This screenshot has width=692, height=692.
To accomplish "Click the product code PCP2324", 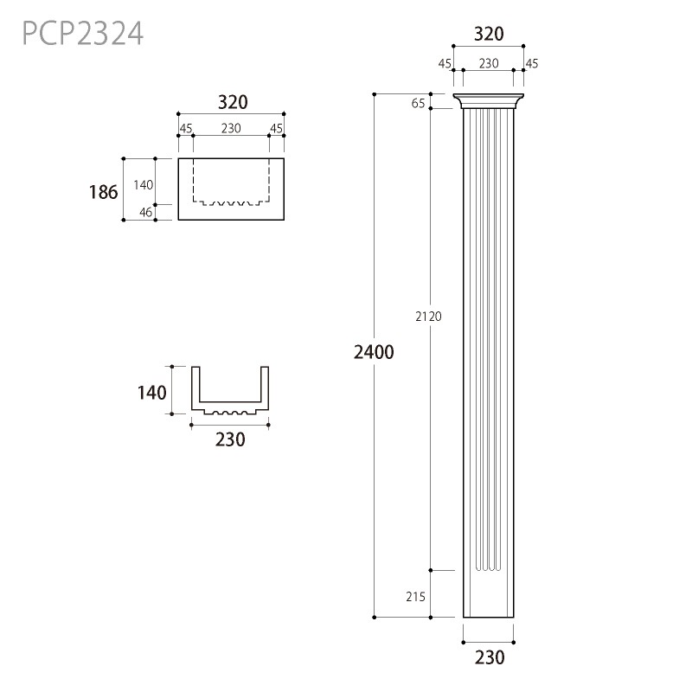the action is (82, 34).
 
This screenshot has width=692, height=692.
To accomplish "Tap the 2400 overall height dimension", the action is (374, 352).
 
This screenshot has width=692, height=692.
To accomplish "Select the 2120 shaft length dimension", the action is (428, 317).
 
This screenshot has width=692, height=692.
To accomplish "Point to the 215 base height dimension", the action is (415, 597).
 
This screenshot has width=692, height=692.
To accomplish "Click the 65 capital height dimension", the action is (418, 103).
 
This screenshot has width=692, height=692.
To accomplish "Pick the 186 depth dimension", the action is (103, 192).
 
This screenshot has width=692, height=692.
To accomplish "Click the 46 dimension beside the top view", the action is (145, 212).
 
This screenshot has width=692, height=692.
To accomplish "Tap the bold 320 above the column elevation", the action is (489, 34).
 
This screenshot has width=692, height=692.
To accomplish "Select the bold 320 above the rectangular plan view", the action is (233, 102).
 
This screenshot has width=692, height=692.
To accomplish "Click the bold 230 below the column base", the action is (489, 657).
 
